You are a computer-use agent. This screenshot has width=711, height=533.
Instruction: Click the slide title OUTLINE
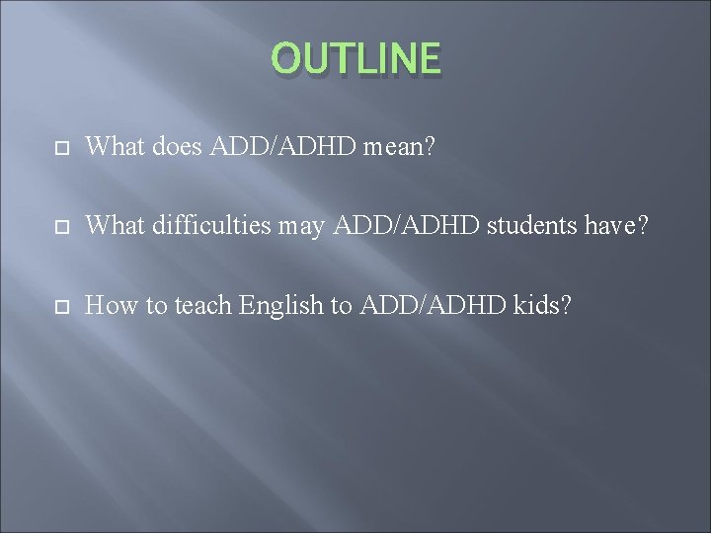click(355, 58)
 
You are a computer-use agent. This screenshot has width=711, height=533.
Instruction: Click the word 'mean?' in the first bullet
click(402, 148)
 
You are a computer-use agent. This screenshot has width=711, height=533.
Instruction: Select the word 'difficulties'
click(212, 227)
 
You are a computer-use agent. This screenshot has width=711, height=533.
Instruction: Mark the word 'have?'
click(620, 227)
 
